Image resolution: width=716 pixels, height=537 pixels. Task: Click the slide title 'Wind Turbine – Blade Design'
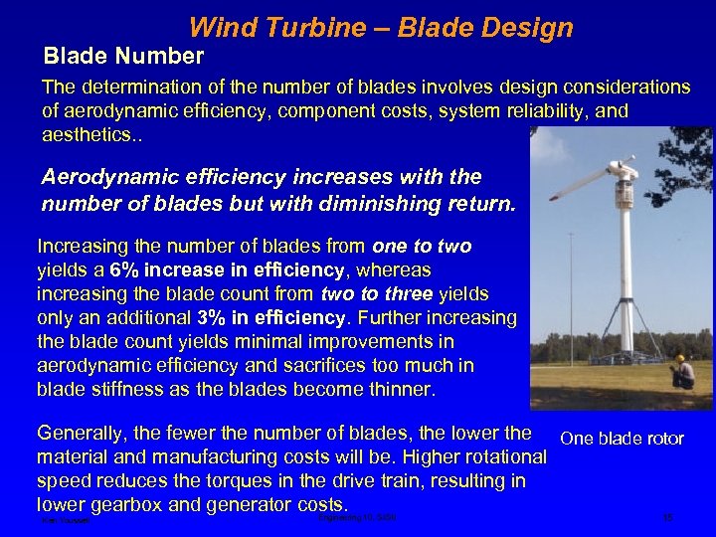point(381,27)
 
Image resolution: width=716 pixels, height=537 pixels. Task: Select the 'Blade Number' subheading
point(124,56)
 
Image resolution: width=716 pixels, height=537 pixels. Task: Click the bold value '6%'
point(128,269)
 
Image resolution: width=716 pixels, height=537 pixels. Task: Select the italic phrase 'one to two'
point(422,246)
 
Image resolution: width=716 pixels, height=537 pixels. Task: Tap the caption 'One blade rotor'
point(622,439)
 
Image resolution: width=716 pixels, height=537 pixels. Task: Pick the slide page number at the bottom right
point(667,518)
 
